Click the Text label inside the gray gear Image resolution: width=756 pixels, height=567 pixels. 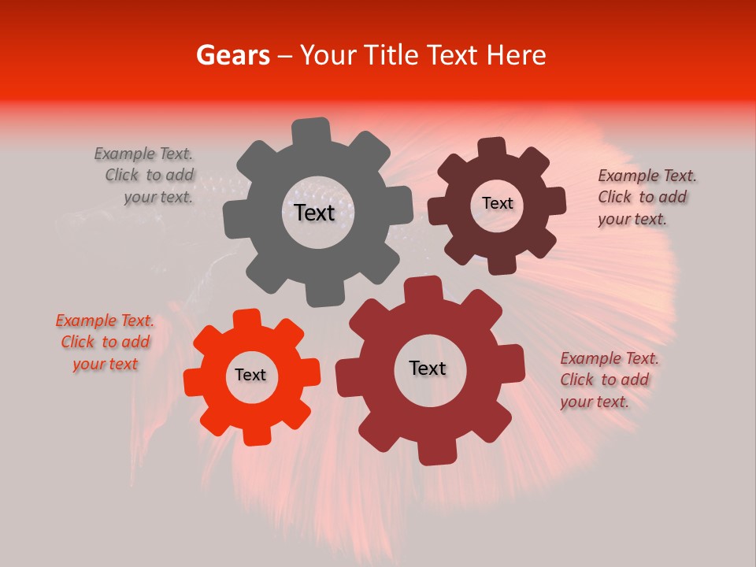point(314,213)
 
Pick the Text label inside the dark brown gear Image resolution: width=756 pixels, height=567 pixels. point(497,203)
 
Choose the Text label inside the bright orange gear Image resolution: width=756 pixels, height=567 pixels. point(250,375)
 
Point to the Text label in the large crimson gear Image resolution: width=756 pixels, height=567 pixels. point(428,368)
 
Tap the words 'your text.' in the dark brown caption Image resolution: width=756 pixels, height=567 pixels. point(632,219)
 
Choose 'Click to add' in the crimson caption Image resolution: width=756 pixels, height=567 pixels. point(604,380)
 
